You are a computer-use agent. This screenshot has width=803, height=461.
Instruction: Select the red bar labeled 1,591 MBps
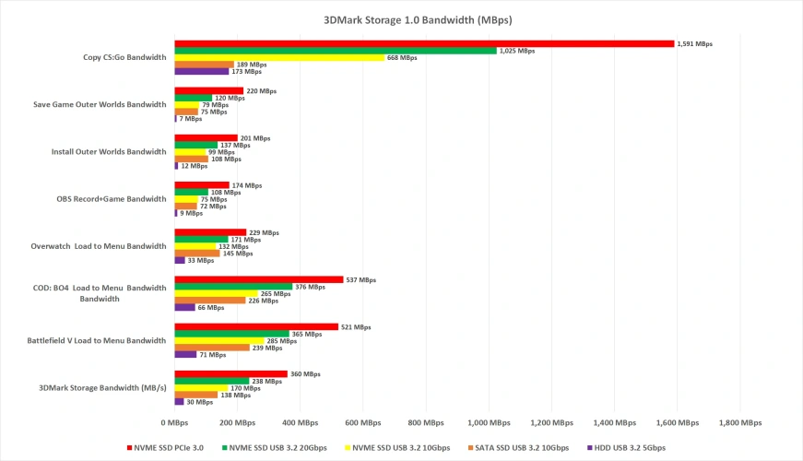coord(424,43)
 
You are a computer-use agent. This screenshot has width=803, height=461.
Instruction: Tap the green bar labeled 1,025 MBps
coord(336,51)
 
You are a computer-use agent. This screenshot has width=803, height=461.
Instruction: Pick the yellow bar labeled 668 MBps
coord(279,58)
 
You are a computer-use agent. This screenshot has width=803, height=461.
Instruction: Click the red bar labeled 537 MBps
coord(259,279)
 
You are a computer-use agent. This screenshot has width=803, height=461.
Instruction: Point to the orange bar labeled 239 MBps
coord(212,348)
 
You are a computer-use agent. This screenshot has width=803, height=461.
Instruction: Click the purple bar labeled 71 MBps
coord(185,354)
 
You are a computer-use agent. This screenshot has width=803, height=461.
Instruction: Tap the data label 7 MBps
coord(191,119)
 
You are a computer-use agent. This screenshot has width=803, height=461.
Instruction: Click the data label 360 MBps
coord(305,374)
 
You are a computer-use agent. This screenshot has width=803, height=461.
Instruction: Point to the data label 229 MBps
coord(264,232)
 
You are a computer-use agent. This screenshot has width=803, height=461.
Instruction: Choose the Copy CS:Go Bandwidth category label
coord(124,57)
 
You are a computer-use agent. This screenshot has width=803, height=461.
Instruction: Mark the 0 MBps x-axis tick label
coord(175,422)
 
